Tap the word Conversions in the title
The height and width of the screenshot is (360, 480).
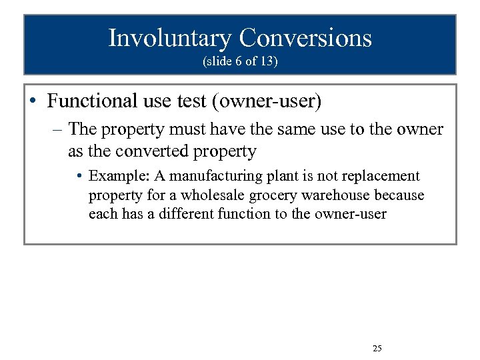(x=305, y=38)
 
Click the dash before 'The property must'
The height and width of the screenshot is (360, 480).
(x=58, y=129)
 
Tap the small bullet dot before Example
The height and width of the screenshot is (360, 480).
(x=79, y=176)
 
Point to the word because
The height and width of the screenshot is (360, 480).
(x=399, y=195)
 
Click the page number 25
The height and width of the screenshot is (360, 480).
(x=377, y=349)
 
